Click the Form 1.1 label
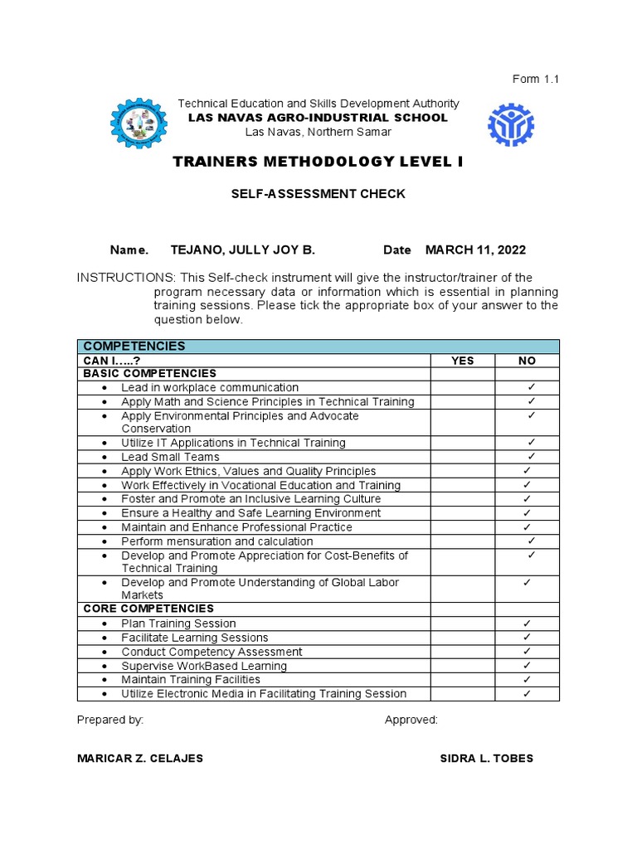tap(536, 80)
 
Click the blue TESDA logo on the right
tap(511, 124)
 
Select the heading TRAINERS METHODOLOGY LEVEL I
tap(318, 162)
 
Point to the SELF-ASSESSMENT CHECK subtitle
tap(318, 194)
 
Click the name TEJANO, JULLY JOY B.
tap(242, 250)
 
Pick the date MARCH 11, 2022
tap(475, 250)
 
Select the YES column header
tap(462, 361)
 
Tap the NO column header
tap(527, 361)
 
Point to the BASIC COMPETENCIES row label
tap(149, 374)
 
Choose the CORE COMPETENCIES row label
tap(148, 609)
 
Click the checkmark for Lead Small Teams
tap(531, 457)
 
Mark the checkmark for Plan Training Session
tap(527, 623)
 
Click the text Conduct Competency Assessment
tap(212, 653)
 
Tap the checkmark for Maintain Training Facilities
tap(527, 680)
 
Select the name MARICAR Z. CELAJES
tap(140, 759)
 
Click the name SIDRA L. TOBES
tap(486, 759)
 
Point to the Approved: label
tap(411, 720)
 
